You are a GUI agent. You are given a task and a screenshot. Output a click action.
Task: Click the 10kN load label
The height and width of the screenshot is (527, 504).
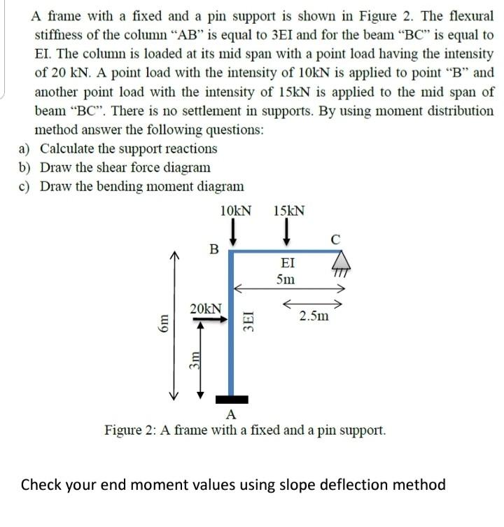click(235, 211)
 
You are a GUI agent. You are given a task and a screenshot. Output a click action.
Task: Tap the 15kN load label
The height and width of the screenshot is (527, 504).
click(289, 211)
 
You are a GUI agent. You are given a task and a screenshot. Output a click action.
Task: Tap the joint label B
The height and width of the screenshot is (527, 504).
click(215, 248)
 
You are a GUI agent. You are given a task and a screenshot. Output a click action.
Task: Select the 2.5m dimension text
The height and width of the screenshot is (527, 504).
click(312, 316)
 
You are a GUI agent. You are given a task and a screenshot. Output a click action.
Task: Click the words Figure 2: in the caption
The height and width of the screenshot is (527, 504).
click(129, 430)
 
